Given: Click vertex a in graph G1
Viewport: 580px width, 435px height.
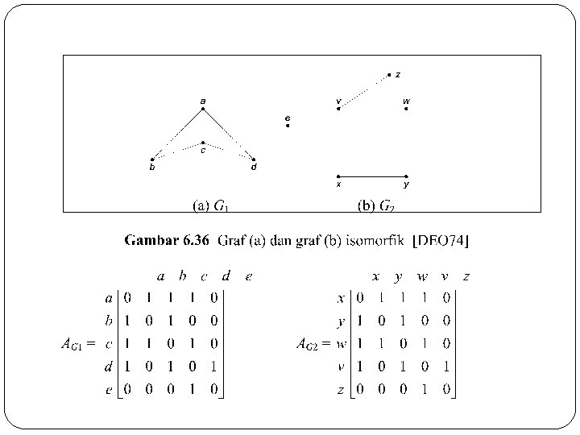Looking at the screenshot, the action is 203,109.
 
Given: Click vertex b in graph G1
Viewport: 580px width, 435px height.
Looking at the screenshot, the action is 152,159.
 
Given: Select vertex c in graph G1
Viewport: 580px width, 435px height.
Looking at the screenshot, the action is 203,143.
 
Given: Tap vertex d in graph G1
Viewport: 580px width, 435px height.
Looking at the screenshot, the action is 254,159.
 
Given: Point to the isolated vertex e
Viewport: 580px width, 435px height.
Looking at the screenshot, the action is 288,126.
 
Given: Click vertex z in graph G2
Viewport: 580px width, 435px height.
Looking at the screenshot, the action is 389,75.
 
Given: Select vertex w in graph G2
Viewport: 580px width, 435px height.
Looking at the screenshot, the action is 406,109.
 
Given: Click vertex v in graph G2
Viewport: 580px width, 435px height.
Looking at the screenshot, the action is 338,109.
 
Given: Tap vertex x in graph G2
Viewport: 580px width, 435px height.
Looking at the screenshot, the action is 338,176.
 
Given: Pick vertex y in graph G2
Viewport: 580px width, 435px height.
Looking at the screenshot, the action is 406,176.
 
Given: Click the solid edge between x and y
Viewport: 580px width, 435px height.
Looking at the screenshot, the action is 372,176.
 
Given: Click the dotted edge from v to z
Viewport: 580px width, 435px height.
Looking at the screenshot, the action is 364,92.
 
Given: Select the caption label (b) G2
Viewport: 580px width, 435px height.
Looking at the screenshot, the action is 376,205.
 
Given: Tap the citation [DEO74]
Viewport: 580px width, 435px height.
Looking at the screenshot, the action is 441,240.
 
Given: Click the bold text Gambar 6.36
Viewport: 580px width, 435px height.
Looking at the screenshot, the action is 168,240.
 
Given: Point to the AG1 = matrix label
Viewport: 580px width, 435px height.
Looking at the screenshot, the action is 78,345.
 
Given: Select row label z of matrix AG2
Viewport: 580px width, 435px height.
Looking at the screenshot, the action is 341,390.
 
